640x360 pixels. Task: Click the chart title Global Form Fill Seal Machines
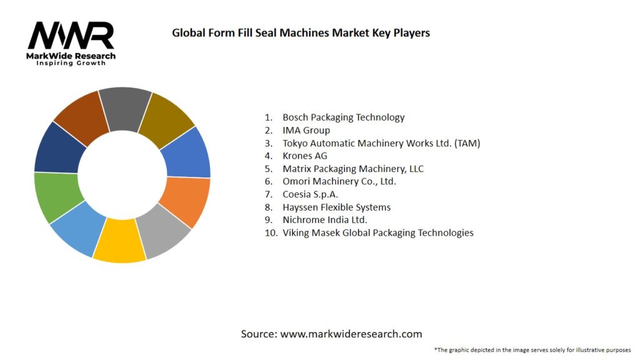pyautogui.click(x=301, y=32)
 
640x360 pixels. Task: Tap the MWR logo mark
pyautogui.click(x=71, y=36)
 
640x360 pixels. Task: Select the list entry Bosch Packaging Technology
pyautogui.click(x=343, y=117)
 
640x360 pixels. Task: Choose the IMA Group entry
pyautogui.click(x=306, y=130)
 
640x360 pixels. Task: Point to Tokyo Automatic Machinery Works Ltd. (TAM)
pyautogui.click(x=381, y=143)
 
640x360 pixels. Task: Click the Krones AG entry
pyautogui.click(x=304, y=156)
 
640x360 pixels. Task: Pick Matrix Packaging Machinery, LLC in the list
pyautogui.click(x=353, y=169)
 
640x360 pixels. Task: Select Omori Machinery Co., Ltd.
pyautogui.click(x=339, y=181)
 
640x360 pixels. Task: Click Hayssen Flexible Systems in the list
pyautogui.click(x=336, y=207)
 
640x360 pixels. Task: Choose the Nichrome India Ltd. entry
pyautogui.click(x=324, y=220)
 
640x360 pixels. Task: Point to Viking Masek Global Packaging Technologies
pyautogui.click(x=377, y=232)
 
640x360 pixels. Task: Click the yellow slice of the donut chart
pyautogui.click(x=121, y=241)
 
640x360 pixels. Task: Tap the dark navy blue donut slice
pyautogui.click(x=57, y=149)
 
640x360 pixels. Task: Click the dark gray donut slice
pyautogui.click(x=124, y=108)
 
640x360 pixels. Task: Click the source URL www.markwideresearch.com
pyautogui.click(x=351, y=334)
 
